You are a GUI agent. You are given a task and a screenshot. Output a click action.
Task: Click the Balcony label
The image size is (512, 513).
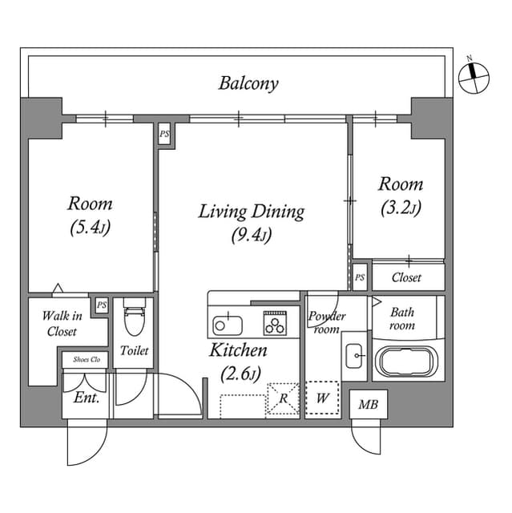[248, 83]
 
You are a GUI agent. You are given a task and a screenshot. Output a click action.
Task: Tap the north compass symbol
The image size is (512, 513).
[474, 77]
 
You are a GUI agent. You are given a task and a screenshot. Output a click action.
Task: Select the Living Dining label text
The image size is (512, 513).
[251, 212]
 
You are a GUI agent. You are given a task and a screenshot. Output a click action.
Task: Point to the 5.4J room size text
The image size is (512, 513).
[90, 228]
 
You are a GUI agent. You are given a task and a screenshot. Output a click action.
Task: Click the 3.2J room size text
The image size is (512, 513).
[400, 208]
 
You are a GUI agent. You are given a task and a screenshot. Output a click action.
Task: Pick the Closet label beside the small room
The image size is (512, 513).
[406, 277]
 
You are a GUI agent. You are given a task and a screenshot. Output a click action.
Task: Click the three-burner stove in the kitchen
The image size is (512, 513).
[276, 325]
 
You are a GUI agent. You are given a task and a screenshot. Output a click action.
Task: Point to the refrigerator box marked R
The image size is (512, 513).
[283, 398]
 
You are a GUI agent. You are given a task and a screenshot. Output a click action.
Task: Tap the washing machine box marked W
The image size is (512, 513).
[322, 397]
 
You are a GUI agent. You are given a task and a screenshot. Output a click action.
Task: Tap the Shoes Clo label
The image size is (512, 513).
[85, 359]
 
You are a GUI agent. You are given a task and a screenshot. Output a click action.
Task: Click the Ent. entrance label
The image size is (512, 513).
[86, 397]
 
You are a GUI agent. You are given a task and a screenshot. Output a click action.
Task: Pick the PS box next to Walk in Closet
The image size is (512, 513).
[101, 305]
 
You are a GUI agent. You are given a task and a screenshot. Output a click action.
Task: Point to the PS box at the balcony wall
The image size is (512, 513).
[164, 134]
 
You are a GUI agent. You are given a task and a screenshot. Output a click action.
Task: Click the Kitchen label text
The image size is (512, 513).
[238, 350]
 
